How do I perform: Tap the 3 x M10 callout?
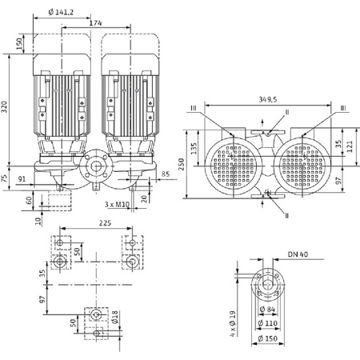point(118,204)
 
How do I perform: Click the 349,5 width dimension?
point(270,100)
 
